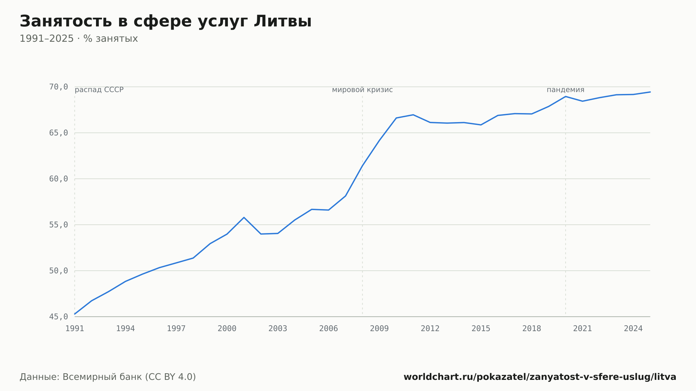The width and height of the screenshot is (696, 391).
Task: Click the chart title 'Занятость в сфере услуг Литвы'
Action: point(166,22)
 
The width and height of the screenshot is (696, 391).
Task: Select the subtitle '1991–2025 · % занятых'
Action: point(79,39)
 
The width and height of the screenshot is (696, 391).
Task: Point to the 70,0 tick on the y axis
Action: point(58,87)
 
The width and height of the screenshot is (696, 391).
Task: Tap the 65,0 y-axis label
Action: point(58,133)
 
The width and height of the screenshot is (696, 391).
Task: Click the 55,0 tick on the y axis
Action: point(58,225)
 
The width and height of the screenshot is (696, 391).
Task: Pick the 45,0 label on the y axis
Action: point(58,317)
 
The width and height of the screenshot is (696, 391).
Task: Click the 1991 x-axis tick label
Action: point(75,329)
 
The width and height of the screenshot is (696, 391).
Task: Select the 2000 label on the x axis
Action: point(227,329)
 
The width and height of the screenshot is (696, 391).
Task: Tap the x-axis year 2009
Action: point(379,329)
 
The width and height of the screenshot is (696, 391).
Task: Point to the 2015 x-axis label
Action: point(481,329)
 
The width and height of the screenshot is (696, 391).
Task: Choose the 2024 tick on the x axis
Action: point(633,329)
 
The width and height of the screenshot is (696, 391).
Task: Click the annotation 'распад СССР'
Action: point(99,90)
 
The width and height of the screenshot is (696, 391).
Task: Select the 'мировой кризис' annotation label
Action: point(362,90)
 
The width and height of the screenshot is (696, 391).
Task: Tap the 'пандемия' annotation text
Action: point(565,90)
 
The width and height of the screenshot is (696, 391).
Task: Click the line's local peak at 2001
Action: point(244,217)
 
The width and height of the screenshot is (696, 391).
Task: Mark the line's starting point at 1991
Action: point(75,314)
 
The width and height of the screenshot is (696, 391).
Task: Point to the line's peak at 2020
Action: point(565,96)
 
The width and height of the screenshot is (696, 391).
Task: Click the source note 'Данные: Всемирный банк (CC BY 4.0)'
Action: point(108,377)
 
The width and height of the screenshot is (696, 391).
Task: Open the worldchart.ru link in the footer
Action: point(540,377)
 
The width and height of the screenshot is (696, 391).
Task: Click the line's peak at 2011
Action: point(413,114)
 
